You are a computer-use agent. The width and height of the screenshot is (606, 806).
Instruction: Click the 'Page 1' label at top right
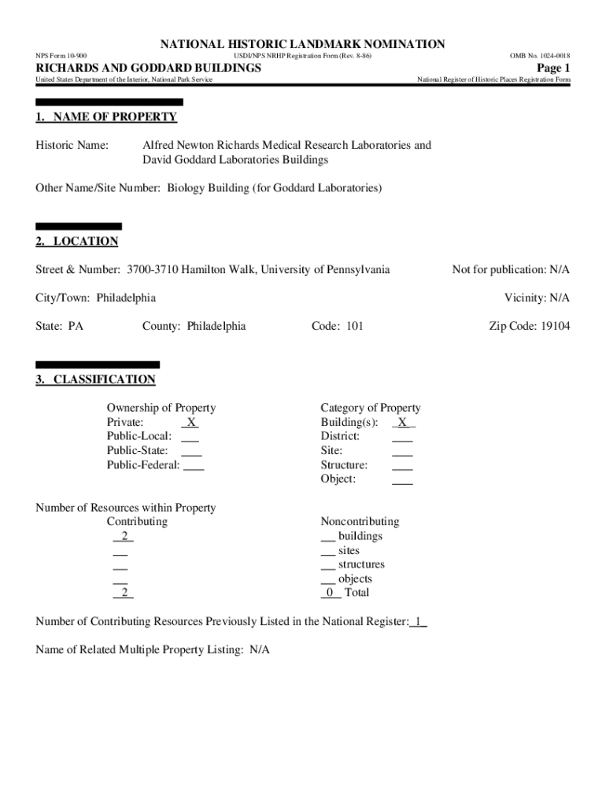click(x=553, y=68)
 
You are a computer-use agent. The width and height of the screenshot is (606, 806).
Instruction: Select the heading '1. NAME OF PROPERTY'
click(x=106, y=117)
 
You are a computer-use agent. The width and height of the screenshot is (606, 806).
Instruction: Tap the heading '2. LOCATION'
click(x=77, y=241)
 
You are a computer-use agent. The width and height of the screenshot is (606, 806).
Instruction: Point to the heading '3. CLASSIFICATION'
click(x=96, y=379)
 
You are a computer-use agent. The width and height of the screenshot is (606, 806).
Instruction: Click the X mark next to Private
click(x=190, y=422)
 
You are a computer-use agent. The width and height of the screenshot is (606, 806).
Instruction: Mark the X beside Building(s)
click(x=403, y=422)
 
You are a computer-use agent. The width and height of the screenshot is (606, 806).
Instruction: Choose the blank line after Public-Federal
click(x=194, y=465)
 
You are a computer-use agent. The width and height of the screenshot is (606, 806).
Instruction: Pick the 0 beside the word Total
click(x=331, y=593)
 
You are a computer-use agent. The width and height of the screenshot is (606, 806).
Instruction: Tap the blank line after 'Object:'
click(x=402, y=479)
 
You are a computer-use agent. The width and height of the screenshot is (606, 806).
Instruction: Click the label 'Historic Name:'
click(x=72, y=146)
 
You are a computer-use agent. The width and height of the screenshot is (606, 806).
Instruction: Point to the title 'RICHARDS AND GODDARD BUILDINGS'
click(x=149, y=68)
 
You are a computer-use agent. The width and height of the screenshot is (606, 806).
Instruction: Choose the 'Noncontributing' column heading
click(x=360, y=522)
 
